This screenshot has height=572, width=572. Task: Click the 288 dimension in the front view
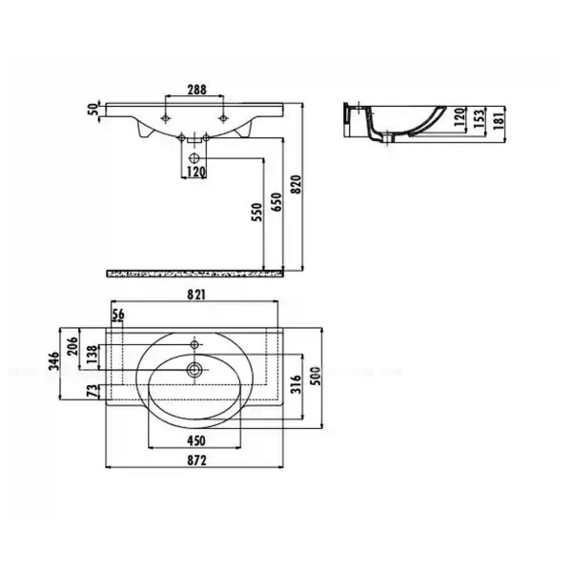pyautogui.click(x=198, y=90)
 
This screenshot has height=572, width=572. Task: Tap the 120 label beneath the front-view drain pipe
pyautogui.click(x=195, y=172)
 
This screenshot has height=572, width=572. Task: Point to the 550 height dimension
pyautogui.click(x=256, y=212)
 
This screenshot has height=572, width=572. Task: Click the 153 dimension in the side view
pyautogui.click(x=480, y=119)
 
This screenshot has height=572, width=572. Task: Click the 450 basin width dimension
pyautogui.click(x=194, y=440)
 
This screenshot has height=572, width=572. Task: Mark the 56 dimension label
pyautogui.click(x=118, y=316)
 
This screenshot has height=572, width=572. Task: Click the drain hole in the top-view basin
pyautogui.click(x=194, y=368)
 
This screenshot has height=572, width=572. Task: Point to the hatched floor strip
pyautogui.click(x=195, y=275)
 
